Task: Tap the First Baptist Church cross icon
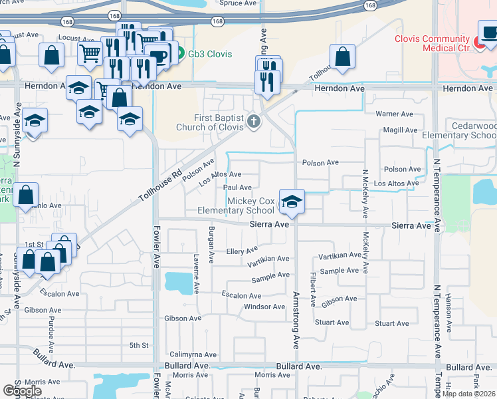252,121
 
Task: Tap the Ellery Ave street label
242,251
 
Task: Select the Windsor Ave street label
264,307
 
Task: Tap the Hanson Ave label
449,312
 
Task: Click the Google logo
22,391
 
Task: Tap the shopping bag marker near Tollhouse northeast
342,57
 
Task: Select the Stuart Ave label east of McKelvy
391,323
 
